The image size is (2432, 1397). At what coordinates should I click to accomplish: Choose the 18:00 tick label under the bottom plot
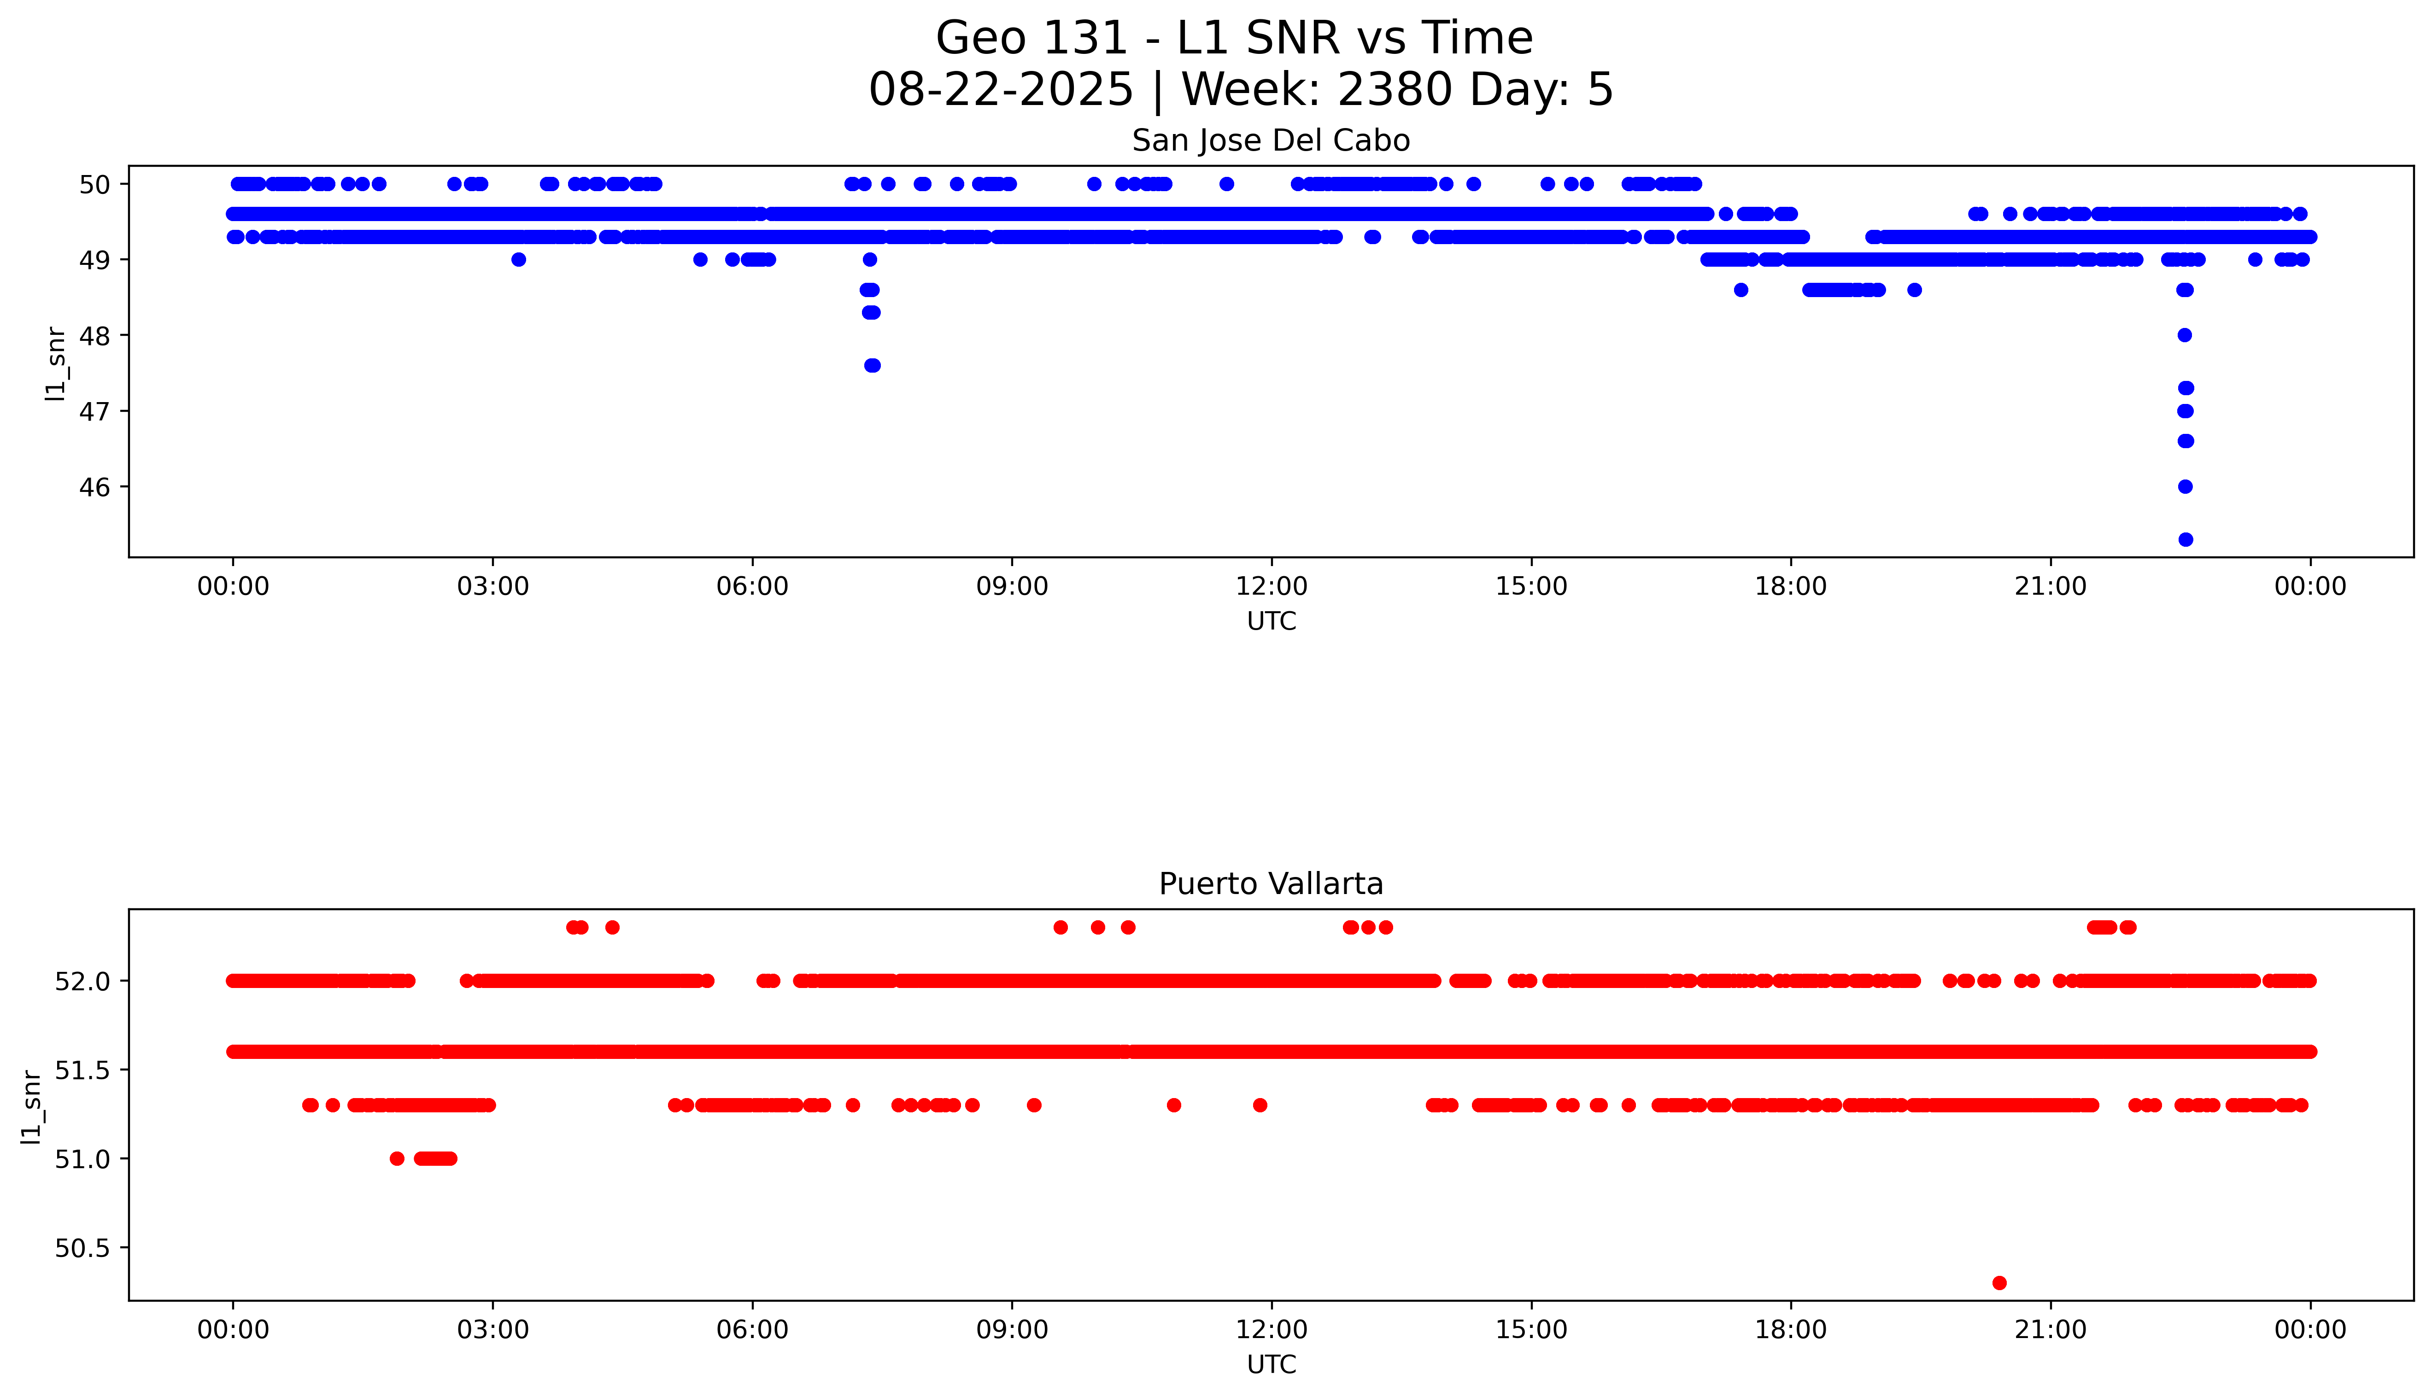(x=1790, y=1330)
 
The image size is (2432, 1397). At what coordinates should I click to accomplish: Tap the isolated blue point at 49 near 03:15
(x=518, y=259)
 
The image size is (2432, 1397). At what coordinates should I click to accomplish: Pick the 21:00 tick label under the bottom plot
(x=2050, y=1330)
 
